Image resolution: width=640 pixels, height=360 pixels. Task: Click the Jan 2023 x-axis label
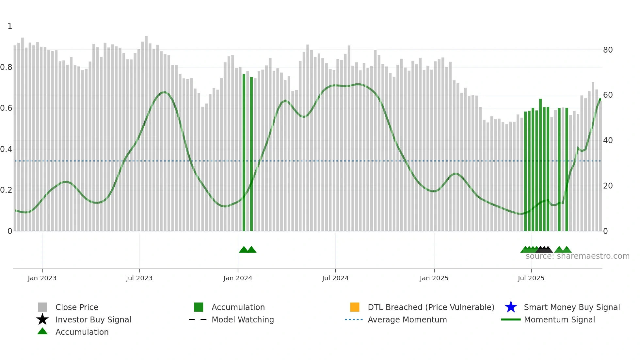pos(42,278)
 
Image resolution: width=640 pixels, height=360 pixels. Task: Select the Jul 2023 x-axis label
pos(139,278)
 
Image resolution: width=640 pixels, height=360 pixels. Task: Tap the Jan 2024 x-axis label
pos(238,278)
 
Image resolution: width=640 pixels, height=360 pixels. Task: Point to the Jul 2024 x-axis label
pos(335,278)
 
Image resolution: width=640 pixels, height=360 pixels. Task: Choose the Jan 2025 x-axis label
pos(434,278)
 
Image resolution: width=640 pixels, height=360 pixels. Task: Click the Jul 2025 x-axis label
pos(531,278)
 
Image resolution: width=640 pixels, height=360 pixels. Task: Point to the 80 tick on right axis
pos(608,50)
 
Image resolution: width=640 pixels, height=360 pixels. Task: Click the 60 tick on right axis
pos(608,95)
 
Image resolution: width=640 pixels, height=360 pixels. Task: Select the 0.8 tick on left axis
pos(6,67)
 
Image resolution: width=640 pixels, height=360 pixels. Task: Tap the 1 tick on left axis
pos(10,26)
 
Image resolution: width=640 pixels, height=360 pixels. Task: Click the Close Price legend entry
pos(77,307)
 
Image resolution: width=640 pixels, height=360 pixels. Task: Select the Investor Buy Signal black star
pos(42,319)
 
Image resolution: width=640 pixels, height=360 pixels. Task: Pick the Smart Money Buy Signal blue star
pos(511,307)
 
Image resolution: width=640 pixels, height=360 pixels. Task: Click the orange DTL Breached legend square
pos(355,307)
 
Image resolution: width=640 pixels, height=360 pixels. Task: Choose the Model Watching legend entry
pos(243,319)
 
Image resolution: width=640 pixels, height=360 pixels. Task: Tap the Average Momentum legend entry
pos(407,319)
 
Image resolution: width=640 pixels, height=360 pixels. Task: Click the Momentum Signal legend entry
pos(559,319)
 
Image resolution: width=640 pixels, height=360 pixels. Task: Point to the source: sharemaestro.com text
pos(577,256)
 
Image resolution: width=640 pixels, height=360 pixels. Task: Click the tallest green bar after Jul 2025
pos(540,163)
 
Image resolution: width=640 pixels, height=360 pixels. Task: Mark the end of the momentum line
pos(600,99)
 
